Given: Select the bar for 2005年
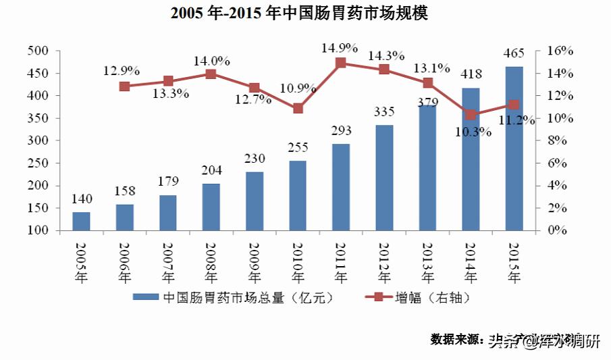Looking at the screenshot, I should pos(81,221).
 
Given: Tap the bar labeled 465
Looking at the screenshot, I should pos(514,149).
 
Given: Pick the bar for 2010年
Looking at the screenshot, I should pos(298,195).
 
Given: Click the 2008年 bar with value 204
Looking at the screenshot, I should pos(211,207).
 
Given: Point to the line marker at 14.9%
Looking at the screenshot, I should pos(341,63).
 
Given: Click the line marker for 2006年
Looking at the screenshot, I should pos(124,86).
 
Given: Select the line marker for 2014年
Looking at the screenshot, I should pos(471,115).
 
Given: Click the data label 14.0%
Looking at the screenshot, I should pos(211,59).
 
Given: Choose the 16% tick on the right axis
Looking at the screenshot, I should pos(560,51).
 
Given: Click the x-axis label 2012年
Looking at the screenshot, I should pos(384,262).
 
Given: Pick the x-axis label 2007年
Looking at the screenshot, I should pos(167,262).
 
